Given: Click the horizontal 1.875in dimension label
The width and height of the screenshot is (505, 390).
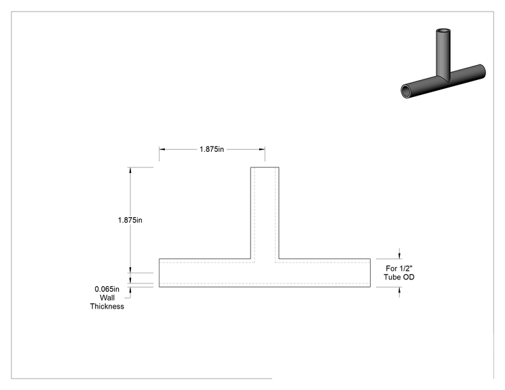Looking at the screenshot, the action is [x=212, y=149].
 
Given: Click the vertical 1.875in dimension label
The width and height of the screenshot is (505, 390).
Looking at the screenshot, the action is [x=130, y=220].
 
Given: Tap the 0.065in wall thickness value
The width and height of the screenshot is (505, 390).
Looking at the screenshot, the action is [x=107, y=289].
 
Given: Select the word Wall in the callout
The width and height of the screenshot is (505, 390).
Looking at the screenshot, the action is [x=107, y=298].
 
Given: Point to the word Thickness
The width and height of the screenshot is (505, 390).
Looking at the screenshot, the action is [x=107, y=307].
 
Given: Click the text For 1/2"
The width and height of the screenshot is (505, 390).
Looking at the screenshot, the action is [x=399, y=269].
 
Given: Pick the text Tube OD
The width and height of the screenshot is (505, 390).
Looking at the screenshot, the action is [x=399, y=277].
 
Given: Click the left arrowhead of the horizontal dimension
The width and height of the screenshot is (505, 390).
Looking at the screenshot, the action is [x=162, y=149].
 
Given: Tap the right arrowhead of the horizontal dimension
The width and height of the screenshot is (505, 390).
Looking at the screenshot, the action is [x=262, y=149].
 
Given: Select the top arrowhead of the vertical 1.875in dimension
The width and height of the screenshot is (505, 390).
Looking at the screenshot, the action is [x=130, y=170].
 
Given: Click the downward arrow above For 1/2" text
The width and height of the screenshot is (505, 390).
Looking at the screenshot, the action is [x=400, y=256].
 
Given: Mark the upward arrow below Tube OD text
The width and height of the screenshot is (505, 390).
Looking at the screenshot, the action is [x=400, y=290].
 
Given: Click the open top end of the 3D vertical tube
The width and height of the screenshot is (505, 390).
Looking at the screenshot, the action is [x=443, y=31].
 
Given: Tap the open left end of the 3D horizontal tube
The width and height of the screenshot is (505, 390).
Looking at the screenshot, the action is [x=406, y=92].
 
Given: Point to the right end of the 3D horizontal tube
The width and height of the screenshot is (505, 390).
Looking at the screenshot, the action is [x=482, y=71].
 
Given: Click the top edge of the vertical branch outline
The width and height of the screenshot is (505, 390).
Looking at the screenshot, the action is [x=265, y=168].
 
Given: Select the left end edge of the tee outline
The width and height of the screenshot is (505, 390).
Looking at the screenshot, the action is [x=159, y=273].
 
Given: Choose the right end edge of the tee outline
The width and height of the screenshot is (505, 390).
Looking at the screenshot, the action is [x=371, y=273].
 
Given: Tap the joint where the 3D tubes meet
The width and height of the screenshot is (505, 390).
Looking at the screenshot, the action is [x=443, y=77].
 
